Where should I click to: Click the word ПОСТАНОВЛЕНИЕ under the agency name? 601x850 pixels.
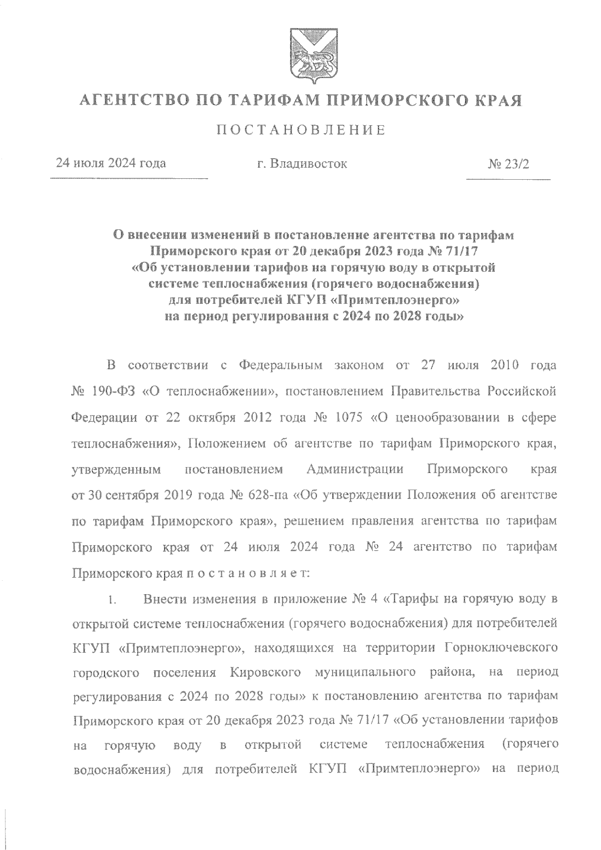pos(301,131)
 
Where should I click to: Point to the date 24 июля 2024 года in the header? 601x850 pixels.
pos(111,163)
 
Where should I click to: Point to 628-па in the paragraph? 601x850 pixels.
pos(266,495)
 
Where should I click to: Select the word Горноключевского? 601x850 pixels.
pos(500,648)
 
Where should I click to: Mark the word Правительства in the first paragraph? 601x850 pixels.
pos(435,391)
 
